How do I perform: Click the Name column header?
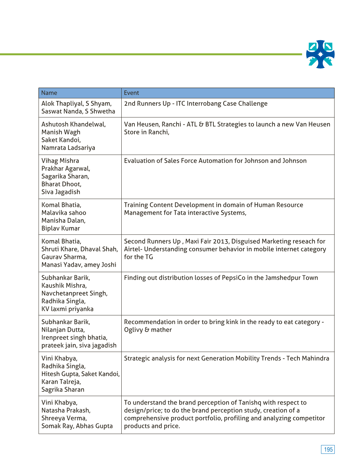(x=49, y=93)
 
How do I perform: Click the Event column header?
(x=131, y=93)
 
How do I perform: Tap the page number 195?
(x=328, y=450)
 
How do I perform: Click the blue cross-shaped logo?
(x=320, y=54)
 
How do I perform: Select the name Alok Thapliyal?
(x=63, y=104)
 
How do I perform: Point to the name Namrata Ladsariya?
(x=68, y=148)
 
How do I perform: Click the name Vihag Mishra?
(x=60, y=161)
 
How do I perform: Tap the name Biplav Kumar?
(x=61, y=228)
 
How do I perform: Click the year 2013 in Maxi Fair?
(x=221, y=242)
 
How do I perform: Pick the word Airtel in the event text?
(x=133, y=249)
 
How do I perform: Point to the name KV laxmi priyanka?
(x=68, y=309)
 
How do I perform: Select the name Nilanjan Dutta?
(x=63, y=330)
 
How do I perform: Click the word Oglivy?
(x=133, y=330)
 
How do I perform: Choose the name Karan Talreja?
(x=61, y=382)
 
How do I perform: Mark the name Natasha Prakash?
(x=66, y=411)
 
